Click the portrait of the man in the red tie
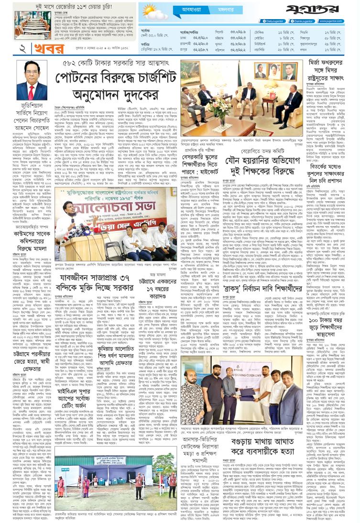(x=32, y=80)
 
